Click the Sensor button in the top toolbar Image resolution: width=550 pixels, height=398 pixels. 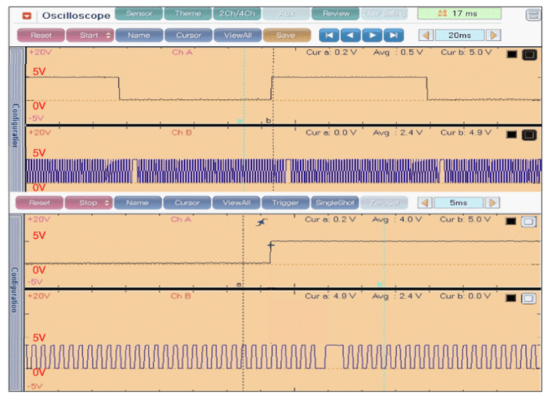point(138,13)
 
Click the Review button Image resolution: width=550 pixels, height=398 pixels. point(335,13)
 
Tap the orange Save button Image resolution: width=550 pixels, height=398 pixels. point(286,35)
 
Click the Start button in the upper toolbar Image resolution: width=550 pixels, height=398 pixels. point(89,35)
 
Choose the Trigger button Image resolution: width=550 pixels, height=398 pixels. point(285,202)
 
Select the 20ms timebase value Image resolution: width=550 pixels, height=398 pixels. point(459,35)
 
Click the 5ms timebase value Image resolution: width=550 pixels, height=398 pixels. point(459,202)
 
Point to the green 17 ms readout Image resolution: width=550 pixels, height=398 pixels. point(459,13)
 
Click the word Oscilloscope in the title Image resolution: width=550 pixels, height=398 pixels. point(76,15)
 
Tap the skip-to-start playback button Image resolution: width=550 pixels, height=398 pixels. point(329,35)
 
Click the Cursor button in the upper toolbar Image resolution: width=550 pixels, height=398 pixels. point(188,35)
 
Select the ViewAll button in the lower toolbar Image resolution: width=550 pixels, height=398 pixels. point(236,202)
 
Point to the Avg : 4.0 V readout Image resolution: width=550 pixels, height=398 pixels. point(397,219)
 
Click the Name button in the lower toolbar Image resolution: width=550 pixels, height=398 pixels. point(137,202)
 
